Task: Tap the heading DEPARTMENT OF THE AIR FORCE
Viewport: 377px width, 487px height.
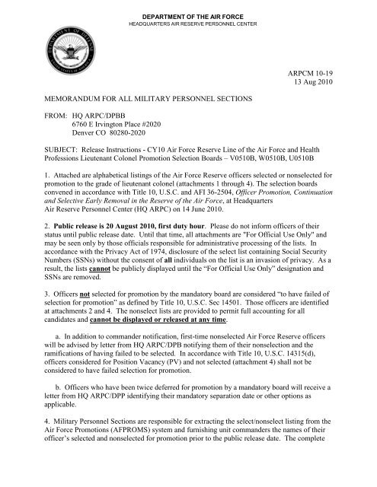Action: click(x=188, y=7)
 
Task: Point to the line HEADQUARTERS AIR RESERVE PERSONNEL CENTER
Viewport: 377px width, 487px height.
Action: click(x=188, y=15)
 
